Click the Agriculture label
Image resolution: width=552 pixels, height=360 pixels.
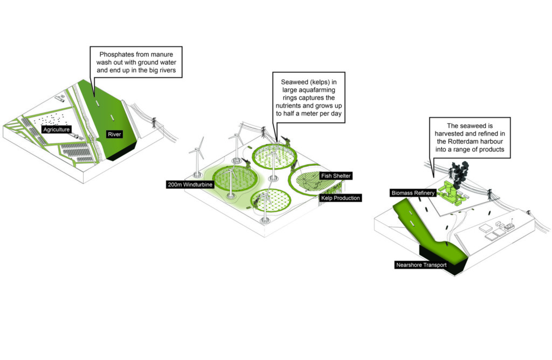[57, 129]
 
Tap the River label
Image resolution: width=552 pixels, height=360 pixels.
[114, 134]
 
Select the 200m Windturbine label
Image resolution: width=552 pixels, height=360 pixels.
[190, 185]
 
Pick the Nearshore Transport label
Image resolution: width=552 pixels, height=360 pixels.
[419, 265]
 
